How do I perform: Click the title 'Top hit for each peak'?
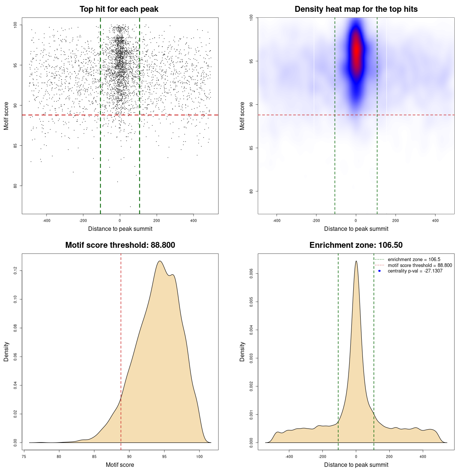coord(119,9)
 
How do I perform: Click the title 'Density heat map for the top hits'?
coord(356,9)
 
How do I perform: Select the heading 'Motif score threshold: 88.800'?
coord(120,245)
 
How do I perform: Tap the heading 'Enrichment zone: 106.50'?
coord(356,245)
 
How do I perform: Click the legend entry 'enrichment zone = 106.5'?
coord(414,260)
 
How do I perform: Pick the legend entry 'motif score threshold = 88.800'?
coord(420,265)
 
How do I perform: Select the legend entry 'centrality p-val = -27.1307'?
coord(415,271)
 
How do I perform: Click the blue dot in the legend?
coord(379,271)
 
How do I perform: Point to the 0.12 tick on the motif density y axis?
coord(15,271)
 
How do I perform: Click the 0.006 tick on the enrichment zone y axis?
coord(251,273)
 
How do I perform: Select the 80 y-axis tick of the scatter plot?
coord(15,186)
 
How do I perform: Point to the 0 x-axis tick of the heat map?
coord(356,221)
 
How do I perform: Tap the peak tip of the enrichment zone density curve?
coord(356,261)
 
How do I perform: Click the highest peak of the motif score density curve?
coord(160,261)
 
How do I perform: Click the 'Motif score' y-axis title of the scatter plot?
coord(6,116)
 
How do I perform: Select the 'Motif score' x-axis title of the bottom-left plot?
coord(120,465)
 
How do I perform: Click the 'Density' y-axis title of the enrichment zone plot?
coord(242,351)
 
